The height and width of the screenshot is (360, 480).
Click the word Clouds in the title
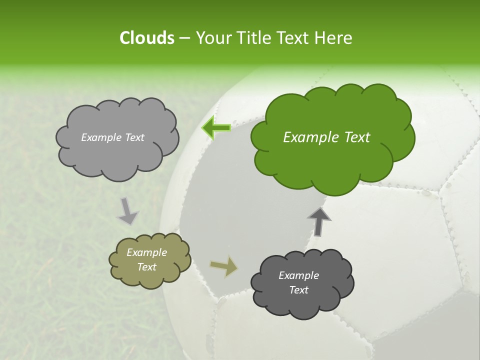pos(146,38)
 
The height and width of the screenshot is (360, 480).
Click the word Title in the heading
pos(253,38)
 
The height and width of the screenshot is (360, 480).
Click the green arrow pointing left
pos(216,128)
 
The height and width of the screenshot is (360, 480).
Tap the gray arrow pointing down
pos(127,211)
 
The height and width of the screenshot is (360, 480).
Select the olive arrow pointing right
pos(224,267)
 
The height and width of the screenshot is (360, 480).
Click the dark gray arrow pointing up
pos(319,221)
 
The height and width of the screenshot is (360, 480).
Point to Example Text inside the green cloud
pos(326,137)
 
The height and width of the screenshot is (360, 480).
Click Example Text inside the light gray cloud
pos(112,137)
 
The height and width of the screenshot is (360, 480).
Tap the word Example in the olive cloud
pos(146,252)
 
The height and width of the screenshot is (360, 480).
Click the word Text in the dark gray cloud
pos(298,290)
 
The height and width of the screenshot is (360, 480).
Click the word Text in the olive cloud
pos(146,267)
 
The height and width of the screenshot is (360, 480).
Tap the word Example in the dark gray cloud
pos(298,275)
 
